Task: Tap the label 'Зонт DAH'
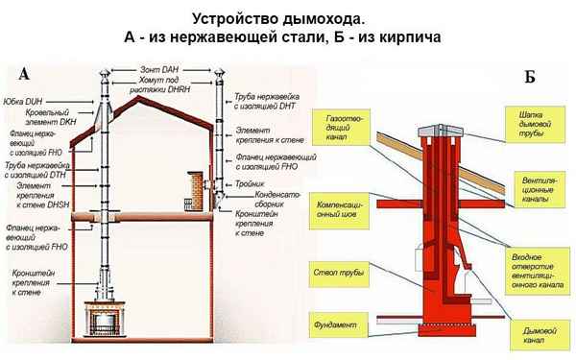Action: pyautogui.click(x=158, y=71)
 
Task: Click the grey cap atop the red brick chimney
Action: pyautogui.click(x=438, y=130)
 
